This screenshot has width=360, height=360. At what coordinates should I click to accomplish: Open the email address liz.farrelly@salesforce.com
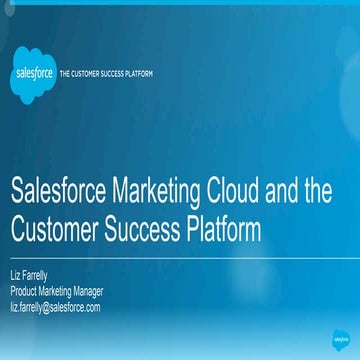click(55, 306)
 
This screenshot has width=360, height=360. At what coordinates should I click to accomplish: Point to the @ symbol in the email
click(48, 306)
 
